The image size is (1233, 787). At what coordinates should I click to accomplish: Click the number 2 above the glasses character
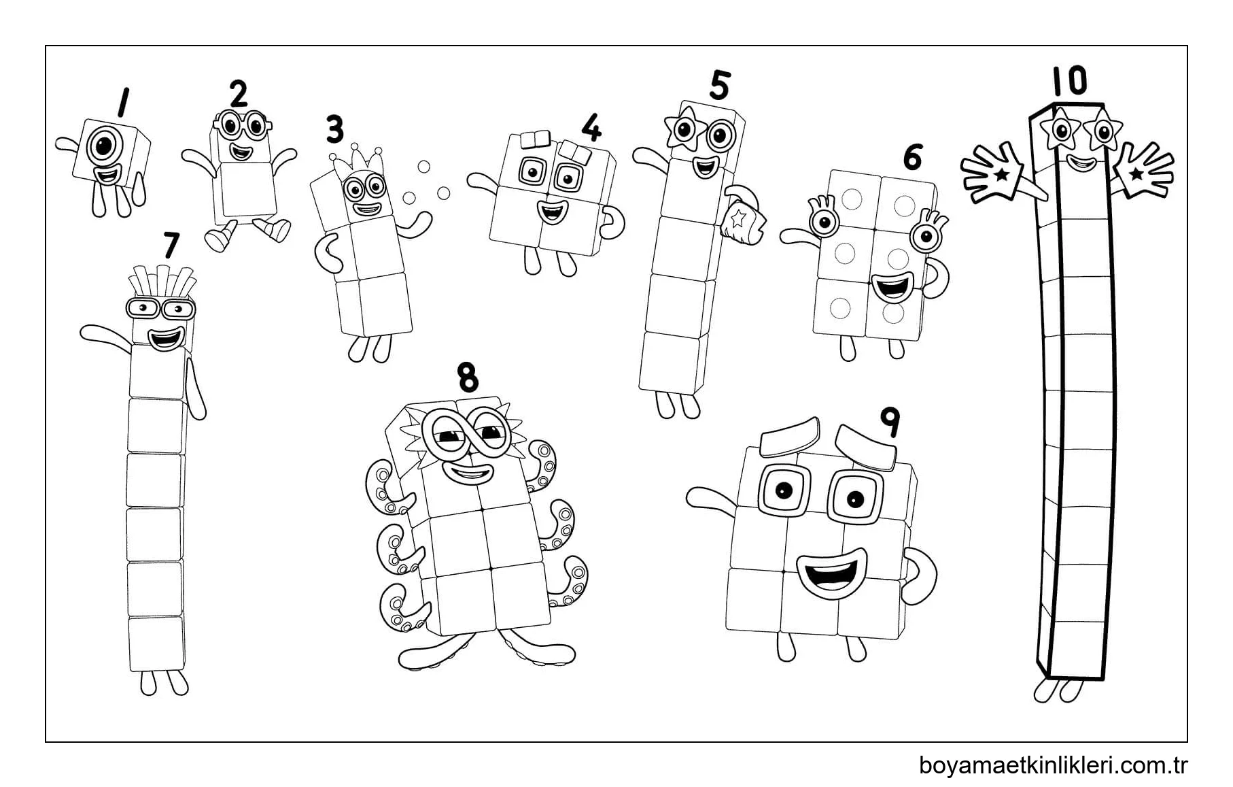(x=238, y=95)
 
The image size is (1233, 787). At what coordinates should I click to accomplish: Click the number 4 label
(x=592, y=127)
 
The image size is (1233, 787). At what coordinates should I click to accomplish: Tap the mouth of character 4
(x=552, y=212)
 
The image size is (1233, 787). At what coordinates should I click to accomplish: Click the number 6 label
(x=912, y=157)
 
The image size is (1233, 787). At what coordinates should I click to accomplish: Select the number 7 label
(x=171, y=246)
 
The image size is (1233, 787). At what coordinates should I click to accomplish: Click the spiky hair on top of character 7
(x=162, y=283)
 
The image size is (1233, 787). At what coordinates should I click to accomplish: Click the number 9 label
(x=890, y=422)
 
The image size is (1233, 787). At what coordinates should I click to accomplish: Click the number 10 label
(x=1069, y=81)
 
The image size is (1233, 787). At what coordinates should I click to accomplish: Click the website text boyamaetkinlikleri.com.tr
(x=1053, y=765)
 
